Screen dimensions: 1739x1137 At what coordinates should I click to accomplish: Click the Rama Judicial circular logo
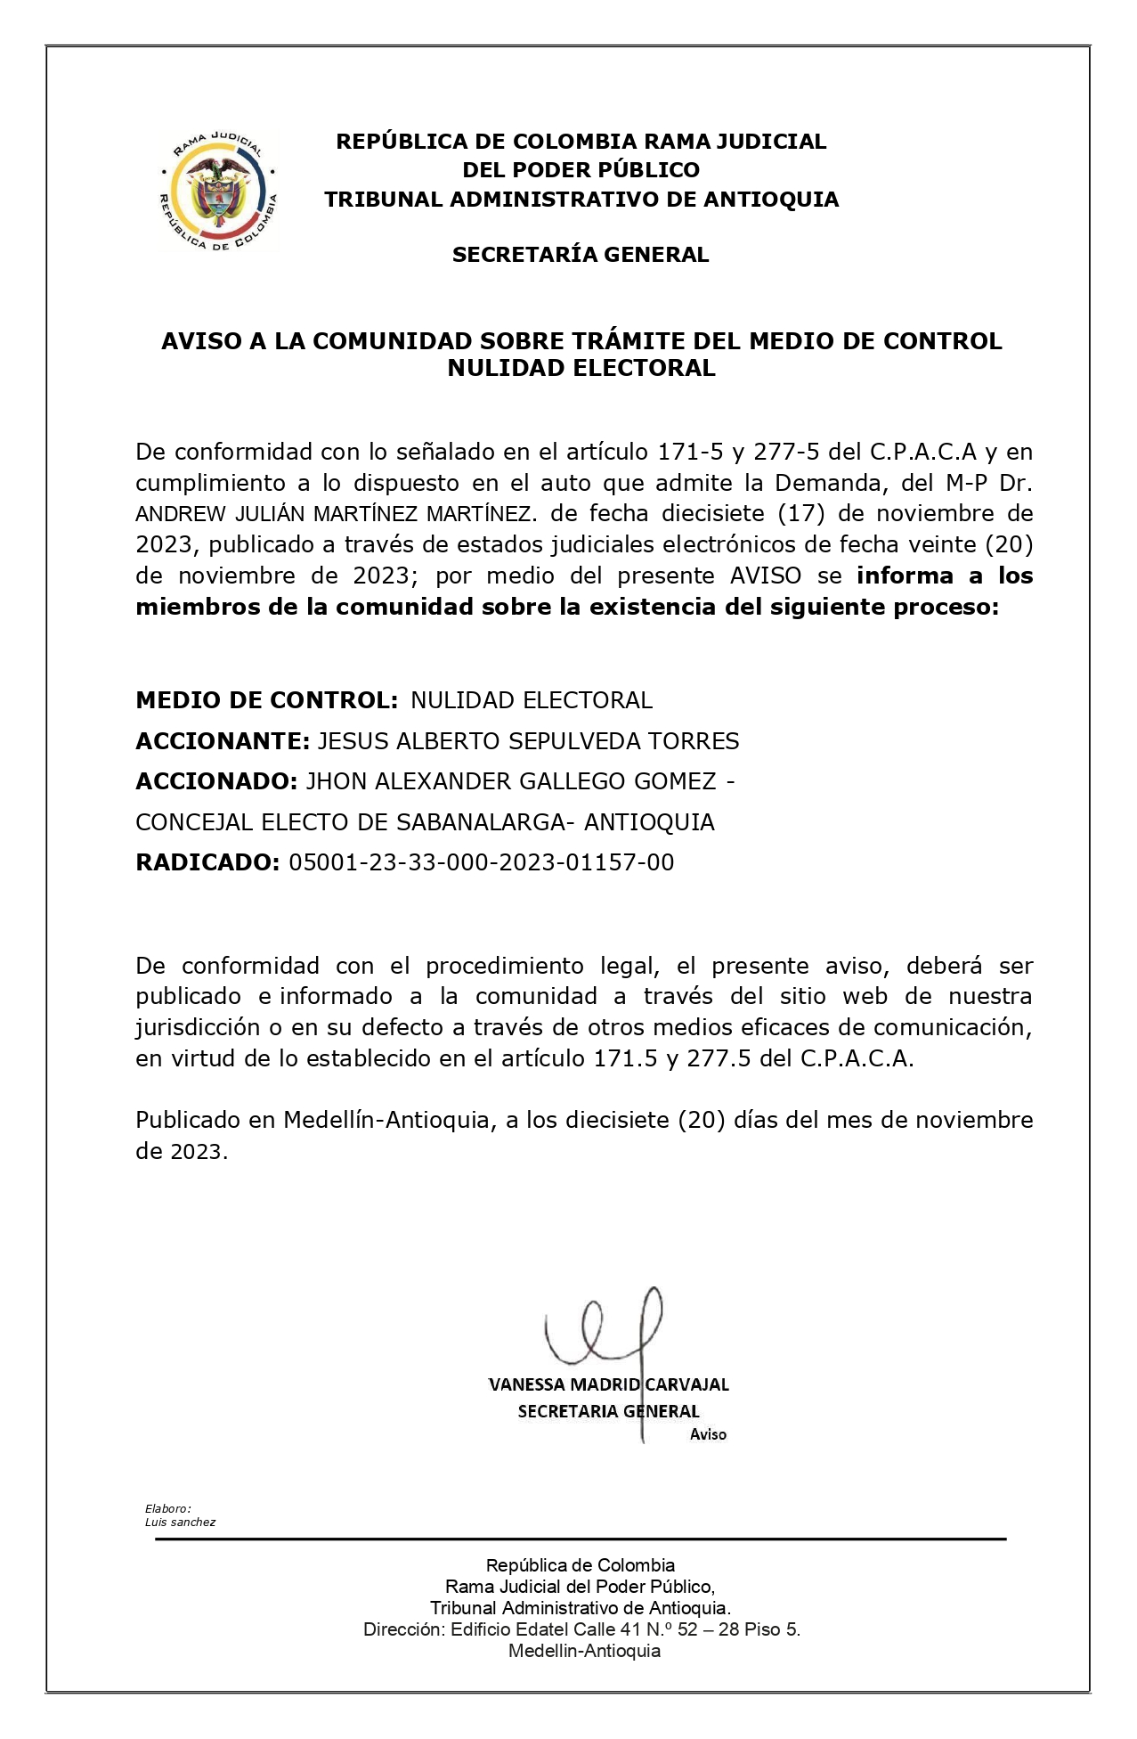(x=217, y=191)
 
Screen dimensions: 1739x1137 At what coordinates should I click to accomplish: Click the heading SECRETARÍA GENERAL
(x=581, y=255)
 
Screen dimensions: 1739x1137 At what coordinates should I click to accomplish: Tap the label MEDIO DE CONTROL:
(x=266, y=700)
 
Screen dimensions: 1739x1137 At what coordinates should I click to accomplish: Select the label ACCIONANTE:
(x=223, y=741)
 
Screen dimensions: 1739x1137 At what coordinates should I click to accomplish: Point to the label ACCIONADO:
(x=216, y=781)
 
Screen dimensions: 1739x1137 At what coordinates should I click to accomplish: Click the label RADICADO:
(x=207, y=862)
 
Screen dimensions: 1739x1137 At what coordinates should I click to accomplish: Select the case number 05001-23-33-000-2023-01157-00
(x=482, y=862)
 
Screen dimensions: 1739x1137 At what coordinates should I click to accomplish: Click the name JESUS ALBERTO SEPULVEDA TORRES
(x=528, y=741)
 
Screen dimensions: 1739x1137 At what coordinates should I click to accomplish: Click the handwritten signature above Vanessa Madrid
(x=605, y=1330)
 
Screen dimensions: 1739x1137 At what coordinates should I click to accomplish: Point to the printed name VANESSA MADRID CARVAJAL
(x=609, y=1384)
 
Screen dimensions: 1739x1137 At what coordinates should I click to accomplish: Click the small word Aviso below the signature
(x=708, y=1434)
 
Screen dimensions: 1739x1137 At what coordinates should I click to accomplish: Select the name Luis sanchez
(x=180, y=1523)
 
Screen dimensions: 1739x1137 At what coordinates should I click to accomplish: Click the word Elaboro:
(x=168, y=1509)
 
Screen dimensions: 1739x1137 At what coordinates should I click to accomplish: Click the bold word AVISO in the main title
(x=203, y=341)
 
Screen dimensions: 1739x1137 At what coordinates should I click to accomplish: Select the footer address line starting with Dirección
(x=581, y=1629)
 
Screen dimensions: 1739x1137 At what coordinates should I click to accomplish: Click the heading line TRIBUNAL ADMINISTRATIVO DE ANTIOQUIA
(x=581, y=200)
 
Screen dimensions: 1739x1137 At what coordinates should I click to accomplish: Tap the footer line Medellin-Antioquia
(x=584, y=1651)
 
